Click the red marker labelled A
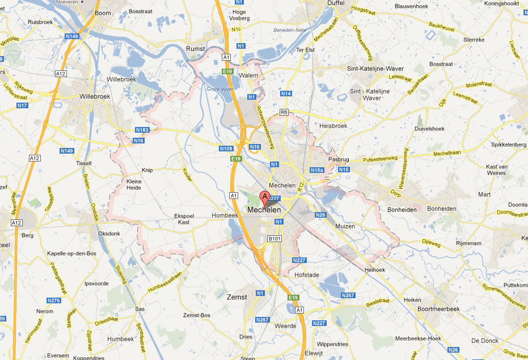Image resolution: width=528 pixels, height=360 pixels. (x=264, y=198)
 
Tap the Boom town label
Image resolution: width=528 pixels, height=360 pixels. (x=103, y=12)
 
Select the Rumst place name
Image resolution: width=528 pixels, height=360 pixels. (x=196, y=49)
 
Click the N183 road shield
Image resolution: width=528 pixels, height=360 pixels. (x=142, y=130)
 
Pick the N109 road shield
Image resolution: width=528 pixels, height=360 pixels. (x=226, y=149)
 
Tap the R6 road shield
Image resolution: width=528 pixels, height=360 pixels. (x=284, y=112)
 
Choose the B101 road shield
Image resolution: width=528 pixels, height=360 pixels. (x=274, y=239)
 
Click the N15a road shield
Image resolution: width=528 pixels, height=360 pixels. (x=316, y=170)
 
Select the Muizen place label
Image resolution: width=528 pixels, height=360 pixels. (x=345, y=226)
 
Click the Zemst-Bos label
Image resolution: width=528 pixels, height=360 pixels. (x=197, y=315)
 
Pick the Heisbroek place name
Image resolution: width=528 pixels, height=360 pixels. (x=333, y=126)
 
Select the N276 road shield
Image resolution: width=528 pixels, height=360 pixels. (x=54, y=300)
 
